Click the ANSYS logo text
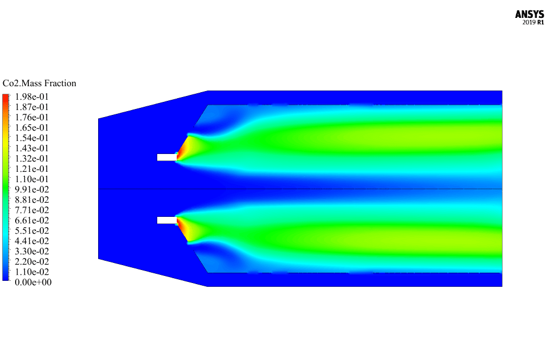click(529, 14)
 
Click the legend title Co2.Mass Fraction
click(39, 83)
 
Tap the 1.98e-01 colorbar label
click(32, 97)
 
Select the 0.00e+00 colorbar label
click(33, 282)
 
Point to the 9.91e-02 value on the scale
click(32, 189)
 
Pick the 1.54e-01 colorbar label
click(32, 138)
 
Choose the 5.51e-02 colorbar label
click(32, 230)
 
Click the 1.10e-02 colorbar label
click(32, 272)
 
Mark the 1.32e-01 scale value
click(32, 158)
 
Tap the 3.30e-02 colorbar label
click(32, 251)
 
